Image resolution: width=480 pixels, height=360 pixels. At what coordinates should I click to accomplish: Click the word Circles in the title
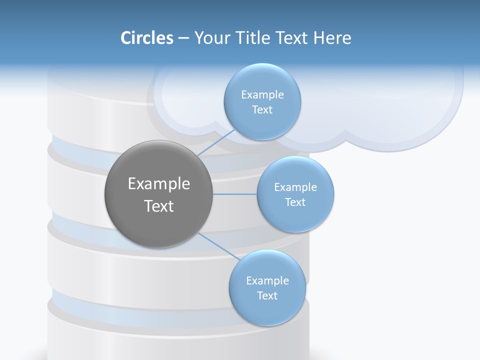pos(147,37)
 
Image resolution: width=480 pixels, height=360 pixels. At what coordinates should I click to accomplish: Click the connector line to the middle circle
pos(235,194)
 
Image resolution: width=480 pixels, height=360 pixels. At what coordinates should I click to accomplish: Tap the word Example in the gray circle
pos(158,184)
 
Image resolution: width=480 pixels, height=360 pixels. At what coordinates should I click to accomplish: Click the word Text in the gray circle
pos(158,206)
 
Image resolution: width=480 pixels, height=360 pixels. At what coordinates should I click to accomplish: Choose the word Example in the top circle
pos(262,94)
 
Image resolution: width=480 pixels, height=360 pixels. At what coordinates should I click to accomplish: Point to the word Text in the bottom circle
pos(267,295)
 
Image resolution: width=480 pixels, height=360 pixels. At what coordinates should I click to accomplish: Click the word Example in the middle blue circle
pos(295,187)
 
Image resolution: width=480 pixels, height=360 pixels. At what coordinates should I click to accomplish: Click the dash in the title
pos(183,38)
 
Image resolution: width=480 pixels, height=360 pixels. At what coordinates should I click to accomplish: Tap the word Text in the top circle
pos(262,109)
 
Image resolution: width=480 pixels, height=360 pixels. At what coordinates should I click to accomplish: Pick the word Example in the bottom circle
pos(267,280)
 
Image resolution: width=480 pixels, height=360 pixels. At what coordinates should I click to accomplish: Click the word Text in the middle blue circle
pos(295,202)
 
